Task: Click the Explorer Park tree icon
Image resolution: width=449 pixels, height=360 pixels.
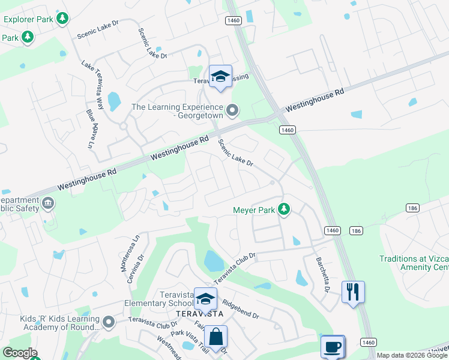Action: [x=62, y=19]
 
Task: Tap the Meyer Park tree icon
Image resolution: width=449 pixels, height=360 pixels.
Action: [x=285, y=210]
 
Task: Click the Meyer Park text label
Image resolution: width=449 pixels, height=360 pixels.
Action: [x=253, y=211]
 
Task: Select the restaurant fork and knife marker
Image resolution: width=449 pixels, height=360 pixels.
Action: [x=353, y=292]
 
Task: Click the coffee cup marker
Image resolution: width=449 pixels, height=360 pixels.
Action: [x=332, y=347]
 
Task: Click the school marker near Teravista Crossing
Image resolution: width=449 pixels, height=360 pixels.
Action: [x=220, y=76]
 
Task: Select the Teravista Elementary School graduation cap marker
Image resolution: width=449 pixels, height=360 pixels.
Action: [x=205, y=298]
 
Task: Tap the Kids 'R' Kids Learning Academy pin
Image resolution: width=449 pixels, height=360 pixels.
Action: [x=109, y=323]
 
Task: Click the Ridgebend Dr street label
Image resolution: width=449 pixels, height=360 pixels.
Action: [x=240, y=308]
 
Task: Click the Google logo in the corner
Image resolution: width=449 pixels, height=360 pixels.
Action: [x=19, y=353]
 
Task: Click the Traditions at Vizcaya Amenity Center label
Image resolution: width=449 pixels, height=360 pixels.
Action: [x=414, y=263]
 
